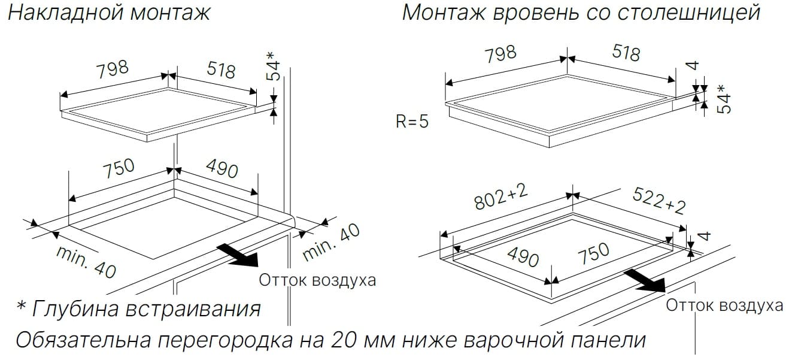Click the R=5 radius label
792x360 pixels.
412,121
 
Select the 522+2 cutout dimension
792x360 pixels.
659,201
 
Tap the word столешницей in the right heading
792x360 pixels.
690,13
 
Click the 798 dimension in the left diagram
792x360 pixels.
113,69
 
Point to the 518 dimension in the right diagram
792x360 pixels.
626,53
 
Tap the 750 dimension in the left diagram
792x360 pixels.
119,168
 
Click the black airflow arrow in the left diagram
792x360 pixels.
238,255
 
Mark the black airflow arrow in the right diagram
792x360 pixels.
645,281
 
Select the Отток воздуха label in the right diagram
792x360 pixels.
724,305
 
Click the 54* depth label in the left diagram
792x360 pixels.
274,66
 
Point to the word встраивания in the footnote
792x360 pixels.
193,308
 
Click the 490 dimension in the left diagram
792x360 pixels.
221,168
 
